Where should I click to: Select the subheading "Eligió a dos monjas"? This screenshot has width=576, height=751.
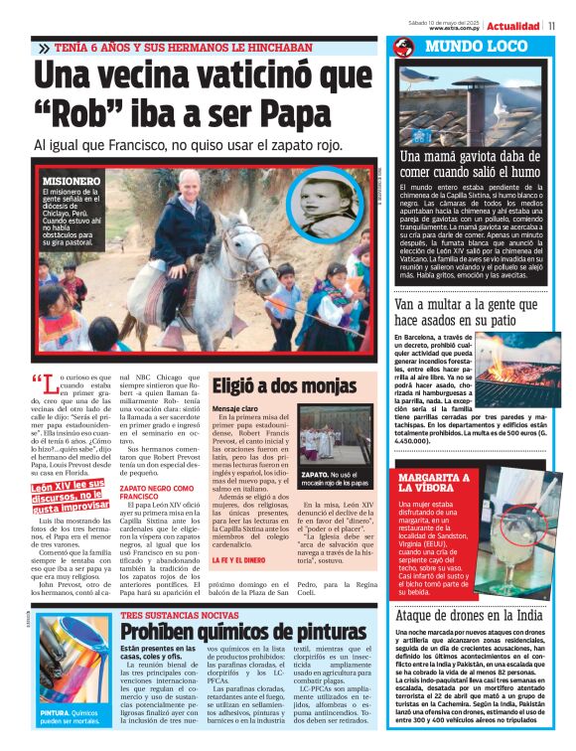[x=274, y=387]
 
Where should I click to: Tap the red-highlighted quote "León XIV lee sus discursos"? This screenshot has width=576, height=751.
[x=68, y=493]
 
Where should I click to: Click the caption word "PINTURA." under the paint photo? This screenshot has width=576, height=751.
[x=56, y=712]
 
